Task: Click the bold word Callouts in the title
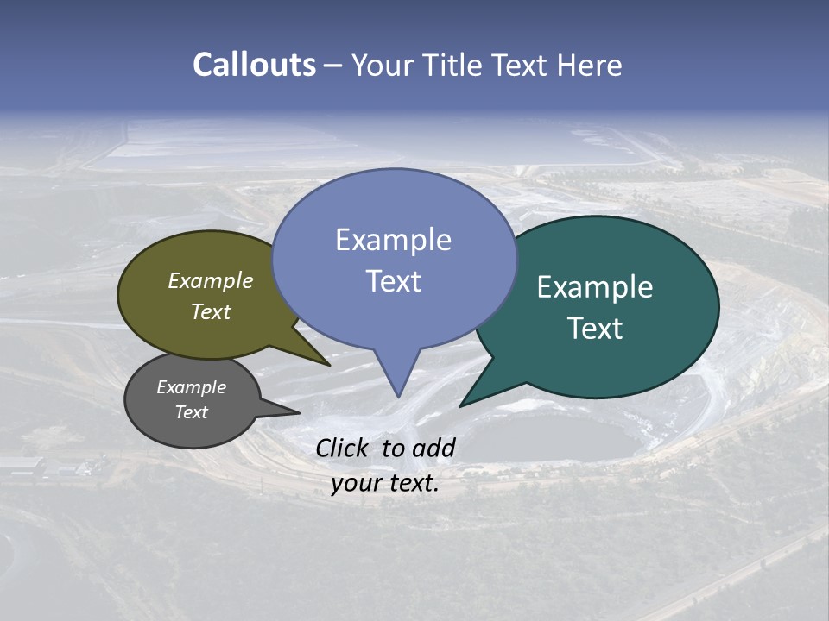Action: [x=255, y=65]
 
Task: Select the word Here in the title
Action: [x=590, y=65]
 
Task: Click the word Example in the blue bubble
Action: [x=393, y=240]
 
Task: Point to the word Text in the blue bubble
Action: [x=393, y=281]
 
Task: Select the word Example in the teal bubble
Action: [x=595, y=287]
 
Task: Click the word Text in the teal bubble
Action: [x=595, y=329]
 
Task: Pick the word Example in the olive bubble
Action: [x=211, y=280]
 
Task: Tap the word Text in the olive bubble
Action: [x=211, y=311]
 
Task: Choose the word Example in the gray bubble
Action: [x=191, y=387]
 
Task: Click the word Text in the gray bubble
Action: [x=191, y=412]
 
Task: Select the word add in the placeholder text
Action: [x=433, y=448]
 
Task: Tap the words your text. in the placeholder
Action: [x=385, y=483]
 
